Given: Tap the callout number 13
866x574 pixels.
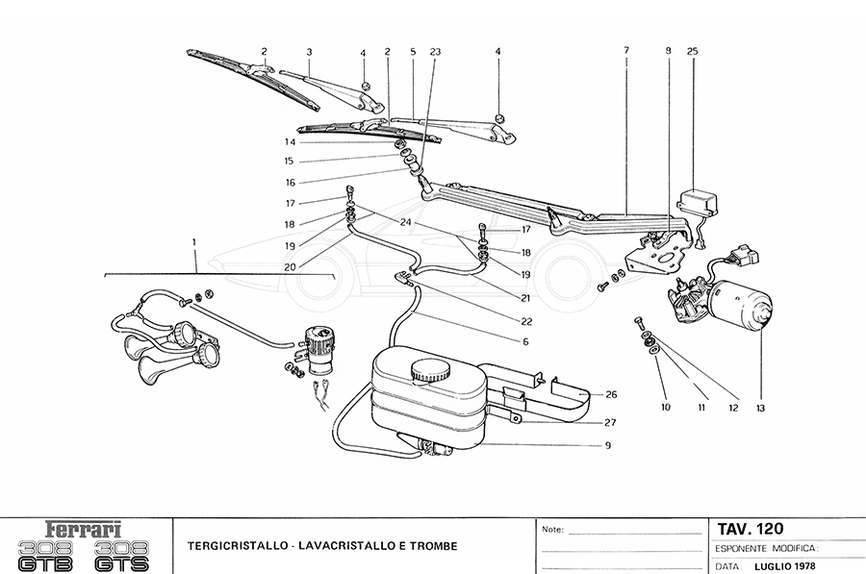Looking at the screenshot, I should (x=760, y=409).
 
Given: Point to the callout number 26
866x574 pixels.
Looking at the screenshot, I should (x=612, y=394).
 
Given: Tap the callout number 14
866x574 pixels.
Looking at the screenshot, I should (x=290, y=142).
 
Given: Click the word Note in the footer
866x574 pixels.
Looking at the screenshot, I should (x=552, y=530).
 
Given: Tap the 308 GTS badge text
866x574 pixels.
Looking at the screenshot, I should (x=122, y=557).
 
